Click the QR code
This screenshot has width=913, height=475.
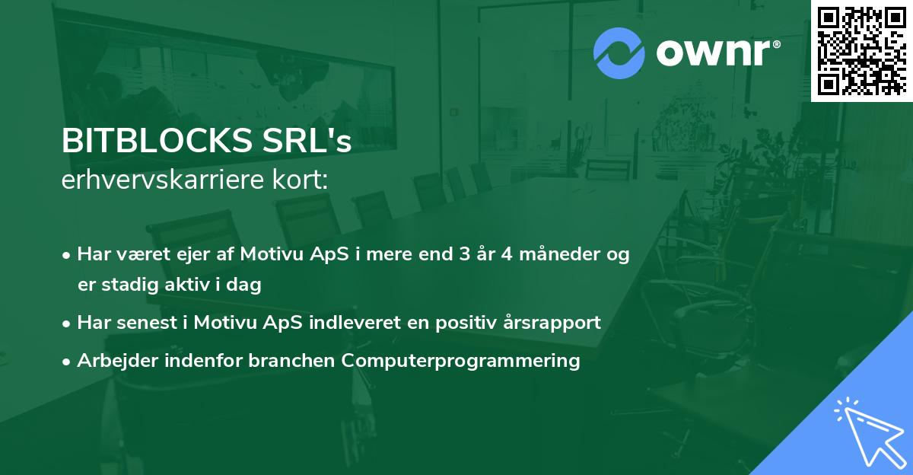tap(861, 50)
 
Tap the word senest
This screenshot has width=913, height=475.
tap(143, 323)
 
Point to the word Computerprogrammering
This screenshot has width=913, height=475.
tap(461, 360)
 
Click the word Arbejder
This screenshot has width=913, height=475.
tap(111, 360)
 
